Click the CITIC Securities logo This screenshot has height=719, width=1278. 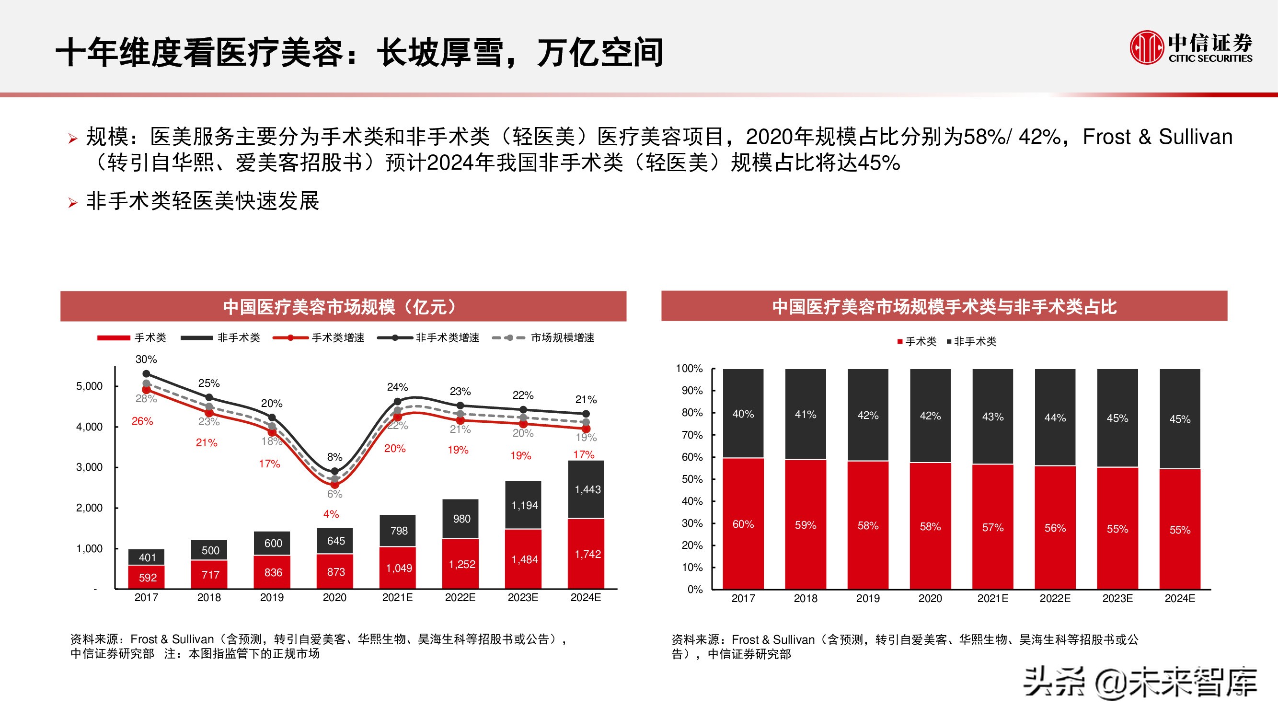(x=1190, y=47)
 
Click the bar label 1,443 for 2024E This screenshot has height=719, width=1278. (x=587, y=490)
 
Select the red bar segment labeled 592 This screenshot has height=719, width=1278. (x=147, y=578)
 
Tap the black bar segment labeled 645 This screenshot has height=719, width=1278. (x=336, y=541)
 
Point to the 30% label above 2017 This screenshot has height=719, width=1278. (x=146, y=359)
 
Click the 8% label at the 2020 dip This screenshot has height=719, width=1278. (x=334, y=457)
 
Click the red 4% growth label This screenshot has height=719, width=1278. (x=331, y=514)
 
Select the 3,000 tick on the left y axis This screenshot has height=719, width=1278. (x=89, y=467)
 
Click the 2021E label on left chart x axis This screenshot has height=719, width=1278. (x=397, y=597)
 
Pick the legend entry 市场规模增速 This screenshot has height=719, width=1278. (x=562, y=338)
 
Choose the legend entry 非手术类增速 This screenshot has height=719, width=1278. (x=447, y=338)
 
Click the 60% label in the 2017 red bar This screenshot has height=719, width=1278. (x=743, y=524)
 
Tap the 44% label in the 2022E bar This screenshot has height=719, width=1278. (x=1055, y=418)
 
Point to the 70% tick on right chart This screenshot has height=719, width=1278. (x=691, y=435)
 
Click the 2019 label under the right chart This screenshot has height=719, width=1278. (x=868, y=598)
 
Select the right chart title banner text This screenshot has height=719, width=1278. (x=944, y=307)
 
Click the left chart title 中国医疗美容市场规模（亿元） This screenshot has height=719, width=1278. (x=342, y=307)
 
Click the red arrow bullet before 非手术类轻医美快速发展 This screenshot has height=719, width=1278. (x=73, y=203)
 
